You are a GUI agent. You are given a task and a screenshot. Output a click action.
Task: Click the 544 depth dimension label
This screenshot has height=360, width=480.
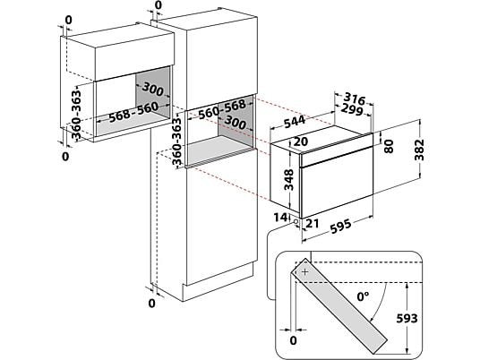pyautogui.click(x=295, y=121)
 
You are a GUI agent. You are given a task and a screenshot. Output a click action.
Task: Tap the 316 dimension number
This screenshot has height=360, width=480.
pyautogui.click(x=355, y=99)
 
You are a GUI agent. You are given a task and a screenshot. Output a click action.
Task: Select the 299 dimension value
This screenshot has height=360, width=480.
pyautogui.click(x=351, y=109)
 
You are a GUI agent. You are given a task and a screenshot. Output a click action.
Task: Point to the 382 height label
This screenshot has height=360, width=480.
pyautogui.click(x=419, y=150)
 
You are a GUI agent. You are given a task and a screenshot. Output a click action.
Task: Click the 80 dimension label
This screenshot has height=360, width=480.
pyautogui.click(x=389, y=146)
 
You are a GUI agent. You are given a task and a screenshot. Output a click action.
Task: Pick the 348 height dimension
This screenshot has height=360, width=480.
pyautogui.click(x=289, y=180)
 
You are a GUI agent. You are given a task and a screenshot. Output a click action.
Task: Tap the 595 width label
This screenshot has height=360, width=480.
pyautogui.click(x=340, y=227)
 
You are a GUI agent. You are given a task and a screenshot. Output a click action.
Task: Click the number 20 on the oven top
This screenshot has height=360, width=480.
pyautogui.click(x=301, y=141)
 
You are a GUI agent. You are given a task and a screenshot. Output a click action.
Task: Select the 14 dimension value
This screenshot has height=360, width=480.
pyautogui.click(x=280, y=218)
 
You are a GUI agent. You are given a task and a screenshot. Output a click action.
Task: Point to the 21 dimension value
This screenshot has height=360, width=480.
pyautogui.click(x=313, y=224)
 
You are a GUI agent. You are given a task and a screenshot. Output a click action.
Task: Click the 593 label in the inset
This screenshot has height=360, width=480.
pyautogui.click(x=407, y=319)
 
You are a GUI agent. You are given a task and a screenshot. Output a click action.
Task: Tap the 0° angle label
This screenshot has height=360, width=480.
pyautogui.click(x=363, y=296)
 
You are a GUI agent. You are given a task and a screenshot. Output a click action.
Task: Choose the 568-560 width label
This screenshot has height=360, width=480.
pyautogui.click(x=134, y=111)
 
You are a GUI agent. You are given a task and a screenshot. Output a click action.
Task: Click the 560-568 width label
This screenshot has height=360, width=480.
pyautogui.click(x=222, y=109)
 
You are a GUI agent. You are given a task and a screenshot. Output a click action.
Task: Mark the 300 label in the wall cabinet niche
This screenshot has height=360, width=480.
pyautogui.click(x=153, y=89)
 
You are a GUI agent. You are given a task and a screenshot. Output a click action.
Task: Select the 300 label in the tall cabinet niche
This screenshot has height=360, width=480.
pyautogui.click(x=236, y=122)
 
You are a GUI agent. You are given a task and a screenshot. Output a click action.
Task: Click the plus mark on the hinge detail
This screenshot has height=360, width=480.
pyautogui.click(x=304, y=271)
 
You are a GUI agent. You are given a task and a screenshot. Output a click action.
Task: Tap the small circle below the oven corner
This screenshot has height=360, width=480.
pyautogui.click(x=296, y=221)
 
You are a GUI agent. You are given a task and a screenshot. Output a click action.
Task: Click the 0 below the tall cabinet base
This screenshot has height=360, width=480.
pyautogui.click(x=151, y=304)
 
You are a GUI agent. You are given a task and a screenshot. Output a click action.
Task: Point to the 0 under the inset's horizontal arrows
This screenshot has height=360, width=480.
pyautogui.click(x=293, y=340)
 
